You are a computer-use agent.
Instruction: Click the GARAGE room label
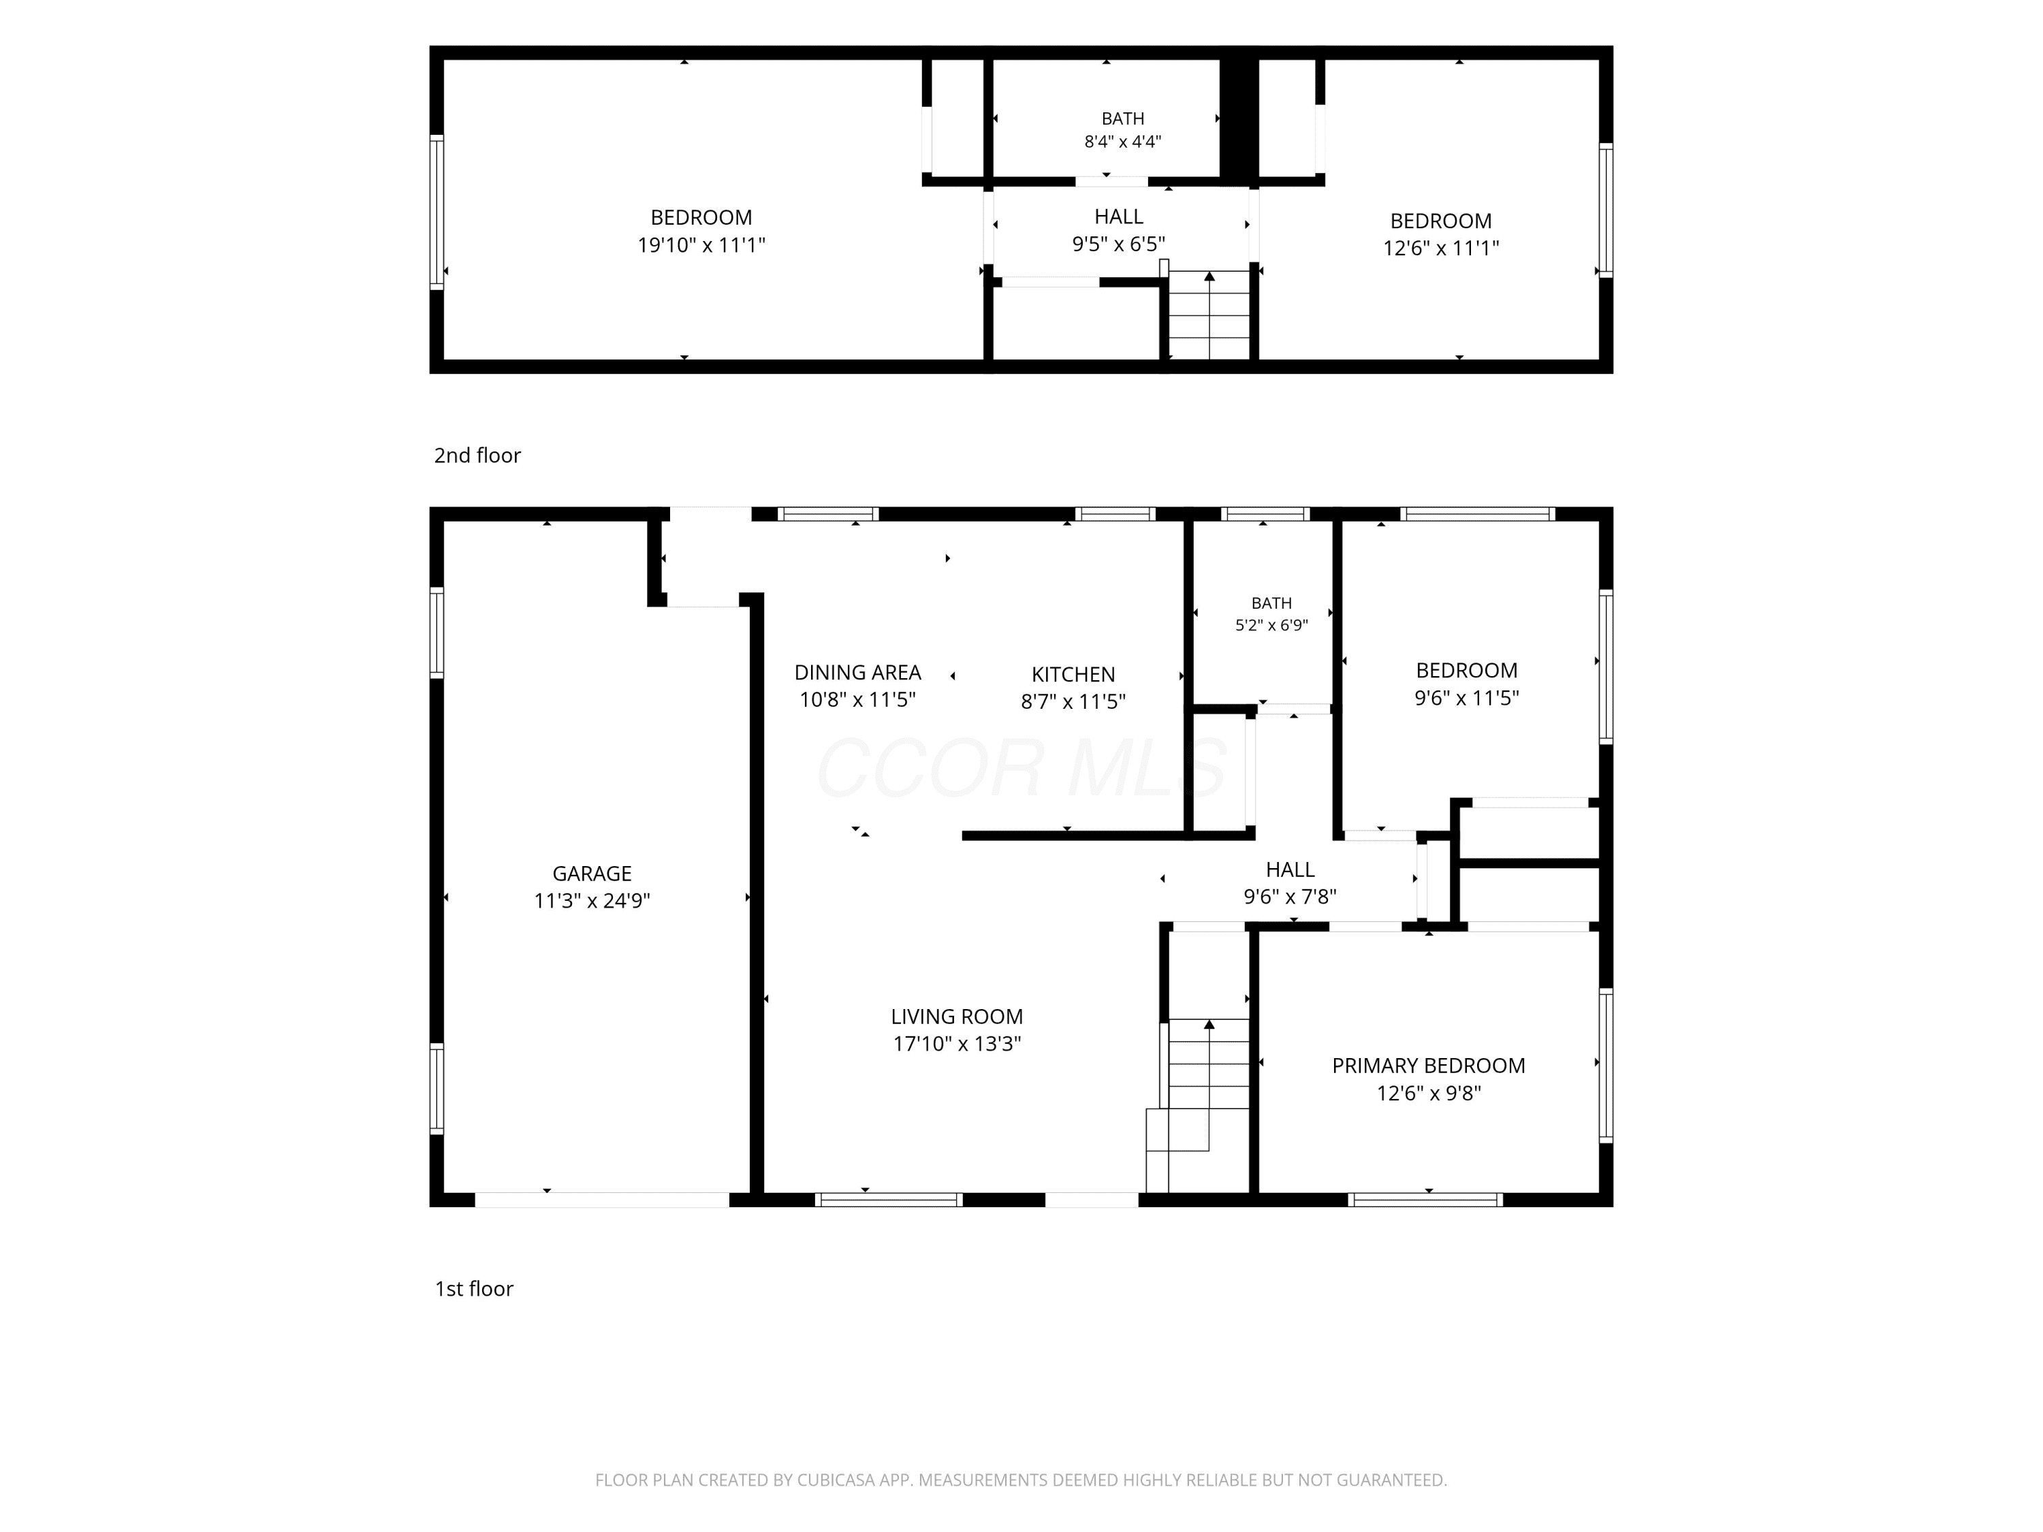point(592,874)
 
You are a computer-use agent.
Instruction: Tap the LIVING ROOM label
point(957,1017)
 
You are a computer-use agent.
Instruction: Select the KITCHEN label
point(1073,674)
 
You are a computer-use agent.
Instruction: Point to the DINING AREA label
point(858,672)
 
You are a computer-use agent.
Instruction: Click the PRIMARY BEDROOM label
point(1429,1066)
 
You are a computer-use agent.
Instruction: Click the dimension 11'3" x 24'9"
point(592,900)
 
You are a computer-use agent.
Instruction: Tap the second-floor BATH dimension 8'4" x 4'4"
point(1123,142)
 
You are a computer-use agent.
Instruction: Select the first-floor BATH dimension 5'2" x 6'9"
point(1272,625)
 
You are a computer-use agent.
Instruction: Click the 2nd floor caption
point(477,456)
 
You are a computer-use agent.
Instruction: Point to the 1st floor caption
point(474,1289)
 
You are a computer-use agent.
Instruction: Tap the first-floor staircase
point(1199,1105)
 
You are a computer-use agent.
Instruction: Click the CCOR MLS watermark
point(1022,767)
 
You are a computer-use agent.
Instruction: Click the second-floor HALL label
point(1118,217)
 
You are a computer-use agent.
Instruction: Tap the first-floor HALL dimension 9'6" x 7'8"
point(1290,896)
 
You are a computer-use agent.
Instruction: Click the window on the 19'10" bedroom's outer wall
point(437,212)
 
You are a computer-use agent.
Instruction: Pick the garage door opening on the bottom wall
point(602,1200)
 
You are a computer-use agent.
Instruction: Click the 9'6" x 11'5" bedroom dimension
point(1467,698)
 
